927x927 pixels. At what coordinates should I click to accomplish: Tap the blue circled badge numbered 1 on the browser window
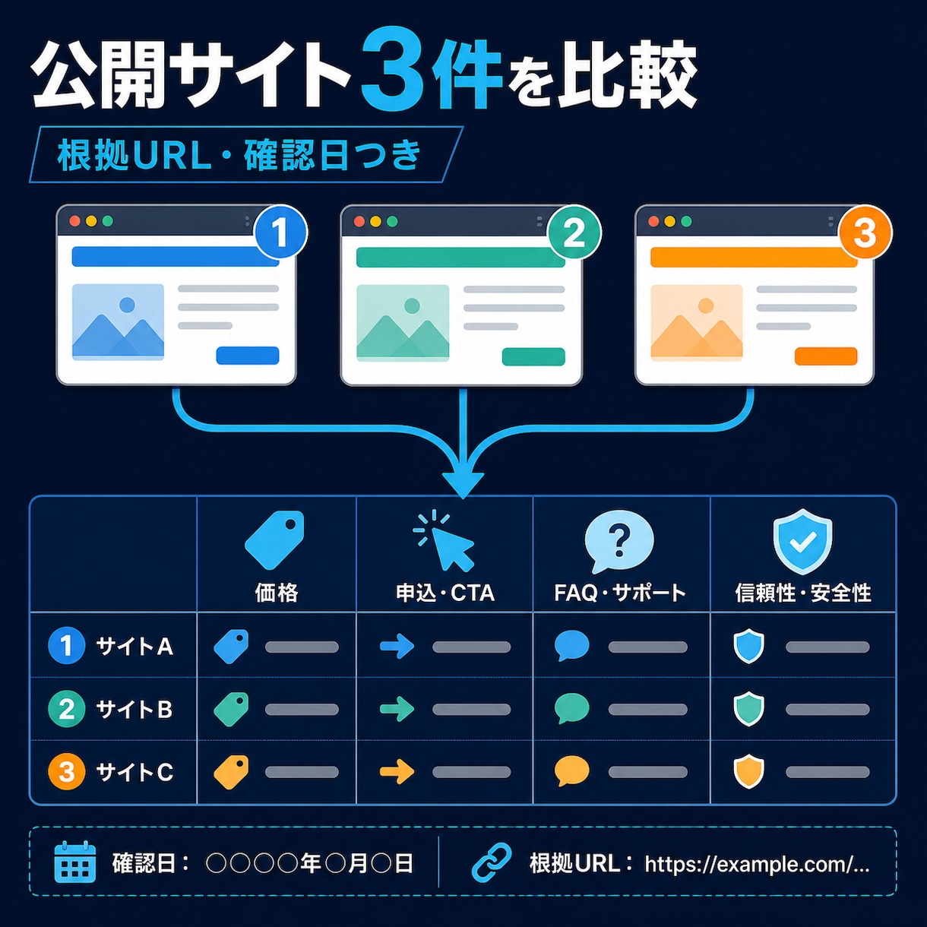280,233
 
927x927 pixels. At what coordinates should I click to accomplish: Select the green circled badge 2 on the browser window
574,234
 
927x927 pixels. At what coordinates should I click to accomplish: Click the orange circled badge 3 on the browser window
865,233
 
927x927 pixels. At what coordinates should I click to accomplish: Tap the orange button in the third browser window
825,356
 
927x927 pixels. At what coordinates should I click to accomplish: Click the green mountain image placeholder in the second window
403,323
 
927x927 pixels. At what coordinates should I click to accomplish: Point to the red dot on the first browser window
74,221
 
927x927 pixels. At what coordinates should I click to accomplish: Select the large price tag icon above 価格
275,540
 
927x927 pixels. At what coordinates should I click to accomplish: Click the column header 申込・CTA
445,593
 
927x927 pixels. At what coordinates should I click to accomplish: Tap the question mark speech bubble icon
619,541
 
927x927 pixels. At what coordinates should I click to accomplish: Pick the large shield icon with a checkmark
802,542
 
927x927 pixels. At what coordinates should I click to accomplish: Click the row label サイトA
134,646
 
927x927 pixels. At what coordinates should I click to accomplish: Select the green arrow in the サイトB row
397,709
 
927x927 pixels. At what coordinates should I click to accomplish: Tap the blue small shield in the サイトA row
748,647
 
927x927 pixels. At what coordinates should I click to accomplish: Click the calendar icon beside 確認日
75,862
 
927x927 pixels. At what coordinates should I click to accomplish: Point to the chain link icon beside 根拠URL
491,862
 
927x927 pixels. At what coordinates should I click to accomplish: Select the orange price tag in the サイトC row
231,772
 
